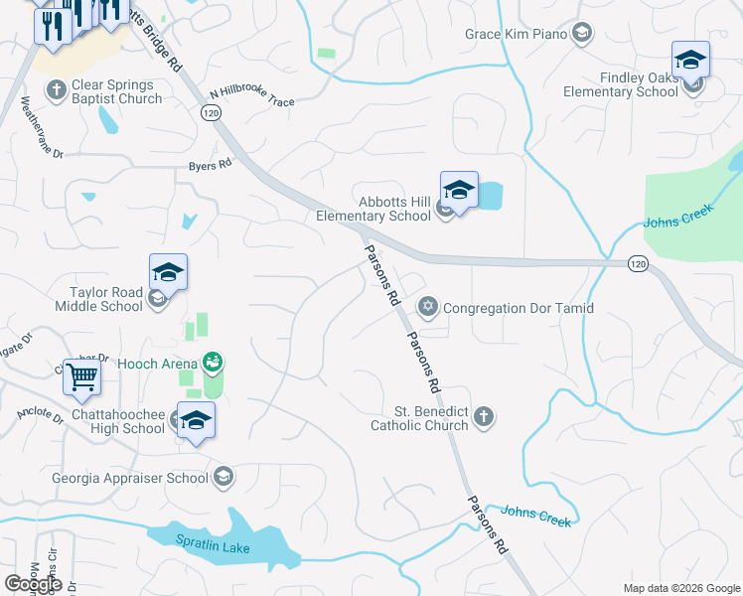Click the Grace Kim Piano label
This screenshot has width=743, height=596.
[x=516, y=35]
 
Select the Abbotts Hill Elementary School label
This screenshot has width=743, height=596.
[x=373, y=209]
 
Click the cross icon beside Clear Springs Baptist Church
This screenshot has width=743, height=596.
[x=57, y=91]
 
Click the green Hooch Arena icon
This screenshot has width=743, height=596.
[x=211, y=363]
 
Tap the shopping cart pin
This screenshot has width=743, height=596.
[x=80, y=377]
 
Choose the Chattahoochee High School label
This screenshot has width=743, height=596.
[x=117, y=421]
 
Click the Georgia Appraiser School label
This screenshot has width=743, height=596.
[x=130, y=478]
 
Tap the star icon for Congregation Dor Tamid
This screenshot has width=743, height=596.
[x=428, y=308]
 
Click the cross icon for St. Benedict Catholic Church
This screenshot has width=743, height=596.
[x=483, y=417]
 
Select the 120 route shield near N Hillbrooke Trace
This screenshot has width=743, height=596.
[x=211, y=114]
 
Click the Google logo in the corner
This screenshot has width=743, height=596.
[x=32, y=583]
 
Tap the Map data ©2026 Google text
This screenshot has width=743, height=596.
[x=681, y=588]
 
